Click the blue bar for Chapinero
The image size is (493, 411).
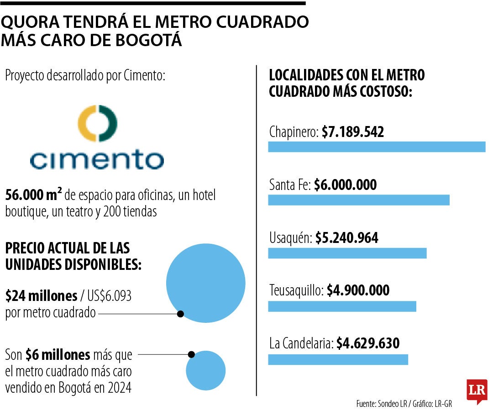[376, 147]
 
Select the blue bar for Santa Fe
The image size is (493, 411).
[358, 200]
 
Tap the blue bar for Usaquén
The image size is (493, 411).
[347, 253]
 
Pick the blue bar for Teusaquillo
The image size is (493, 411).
[342, 306]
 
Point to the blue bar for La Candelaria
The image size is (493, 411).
[338, 359]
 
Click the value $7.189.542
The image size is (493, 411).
[352, 132]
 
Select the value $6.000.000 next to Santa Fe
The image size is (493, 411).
[346, 185]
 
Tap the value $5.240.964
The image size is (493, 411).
[346, 238]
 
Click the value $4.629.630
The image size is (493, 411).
[368, 343]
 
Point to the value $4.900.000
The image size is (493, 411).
[358, 290]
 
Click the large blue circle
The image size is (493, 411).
[206, 283]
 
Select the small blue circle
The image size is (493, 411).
[206, 370]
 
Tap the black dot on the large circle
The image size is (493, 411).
[180, 314]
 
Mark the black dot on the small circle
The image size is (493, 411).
[191, 354]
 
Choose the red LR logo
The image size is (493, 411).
[477, 391]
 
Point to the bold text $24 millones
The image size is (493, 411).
[41, 296]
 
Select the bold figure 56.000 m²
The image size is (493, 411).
[33, 196]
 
